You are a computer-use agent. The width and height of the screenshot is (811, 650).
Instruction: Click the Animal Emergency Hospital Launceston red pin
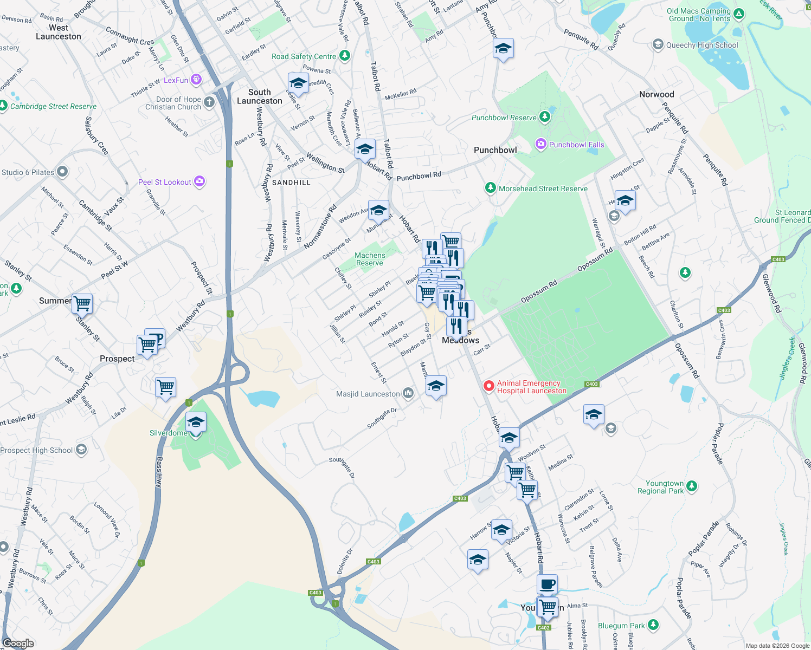coord(488,386)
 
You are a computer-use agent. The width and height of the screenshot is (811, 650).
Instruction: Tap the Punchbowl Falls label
coord(576,145)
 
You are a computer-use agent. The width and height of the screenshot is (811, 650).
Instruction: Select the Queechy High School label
coord(702,45)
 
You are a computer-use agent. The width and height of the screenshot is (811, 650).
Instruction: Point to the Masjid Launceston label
coord(368,394)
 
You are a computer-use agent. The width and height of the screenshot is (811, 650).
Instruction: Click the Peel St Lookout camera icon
coord(199,181)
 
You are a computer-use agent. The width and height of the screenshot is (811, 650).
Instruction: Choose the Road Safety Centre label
coord(304,56)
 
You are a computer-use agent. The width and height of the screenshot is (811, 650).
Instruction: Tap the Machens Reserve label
coord(370,259)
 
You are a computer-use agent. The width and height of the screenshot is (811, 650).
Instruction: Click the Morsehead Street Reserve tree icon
coord(490,188)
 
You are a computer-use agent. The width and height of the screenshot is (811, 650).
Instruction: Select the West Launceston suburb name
coord(58,32)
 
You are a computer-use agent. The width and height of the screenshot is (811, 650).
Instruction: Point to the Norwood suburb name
coord(656,94)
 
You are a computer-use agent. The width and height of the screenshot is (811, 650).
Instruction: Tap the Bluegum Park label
coord(621,626)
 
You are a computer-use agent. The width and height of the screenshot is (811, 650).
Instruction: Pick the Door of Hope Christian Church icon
coord(209,102)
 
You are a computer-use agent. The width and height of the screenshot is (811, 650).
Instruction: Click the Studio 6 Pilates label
coord(28,172)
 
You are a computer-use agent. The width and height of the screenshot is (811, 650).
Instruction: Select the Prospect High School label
coord(36,450)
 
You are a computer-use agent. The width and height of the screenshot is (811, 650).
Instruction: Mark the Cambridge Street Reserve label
coord(53,106)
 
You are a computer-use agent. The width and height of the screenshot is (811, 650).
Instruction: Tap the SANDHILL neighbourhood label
coord(291,183)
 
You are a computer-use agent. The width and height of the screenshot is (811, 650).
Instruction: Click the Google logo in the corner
coord(18,643)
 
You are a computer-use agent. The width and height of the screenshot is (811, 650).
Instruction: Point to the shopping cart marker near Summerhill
coord(82,303)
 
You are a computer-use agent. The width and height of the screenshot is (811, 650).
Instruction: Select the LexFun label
coord(176,80)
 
